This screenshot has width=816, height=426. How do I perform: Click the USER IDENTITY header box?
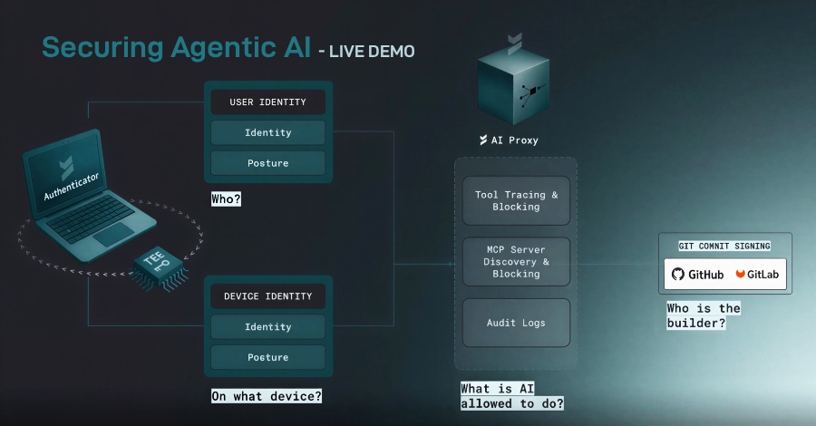click(x=267, y=102)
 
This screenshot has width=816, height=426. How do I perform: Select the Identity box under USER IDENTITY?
click(x=267, y=132)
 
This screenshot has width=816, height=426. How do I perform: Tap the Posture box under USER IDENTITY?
click(x=267, y=163)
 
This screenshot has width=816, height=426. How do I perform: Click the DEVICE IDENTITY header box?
click(x=267, y=296)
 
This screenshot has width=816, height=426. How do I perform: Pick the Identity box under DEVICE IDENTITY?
click(x=267, y=326)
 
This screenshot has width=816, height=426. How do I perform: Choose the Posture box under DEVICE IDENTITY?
click(x=267, y=357)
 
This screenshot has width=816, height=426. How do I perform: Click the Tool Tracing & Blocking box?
click(x=516, y=200)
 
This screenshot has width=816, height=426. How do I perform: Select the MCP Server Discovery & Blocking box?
click(x=516, y=261)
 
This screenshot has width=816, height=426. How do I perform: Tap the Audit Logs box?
click(x=516, y=322)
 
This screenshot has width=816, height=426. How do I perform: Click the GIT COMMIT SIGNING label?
click(x=724, y=246)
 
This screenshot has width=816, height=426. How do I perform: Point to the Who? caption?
click(x=226, y=198)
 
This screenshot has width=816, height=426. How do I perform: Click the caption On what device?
click(x=267, y=396)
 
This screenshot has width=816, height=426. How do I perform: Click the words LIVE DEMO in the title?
click(x=372, y=52)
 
